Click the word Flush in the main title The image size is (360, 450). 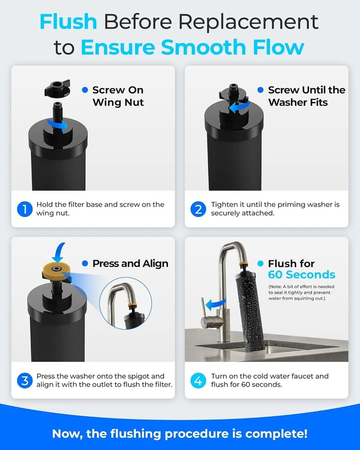[x=68, y=22]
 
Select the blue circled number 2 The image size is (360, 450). [x=198, y=209]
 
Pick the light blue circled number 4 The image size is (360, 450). [x=198, y=380]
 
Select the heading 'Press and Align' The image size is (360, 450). [x=130, y=263]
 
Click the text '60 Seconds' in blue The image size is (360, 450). [x=301, y=275]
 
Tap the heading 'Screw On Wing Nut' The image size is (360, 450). [x=118, y=96]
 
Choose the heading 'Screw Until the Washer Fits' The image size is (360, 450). [x=306, y=96]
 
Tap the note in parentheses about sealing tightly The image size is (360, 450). [x=301, y=292]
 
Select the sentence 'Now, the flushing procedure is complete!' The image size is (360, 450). [x=180, y=434]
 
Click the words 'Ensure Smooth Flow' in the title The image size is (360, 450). [x=192, y=47]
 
